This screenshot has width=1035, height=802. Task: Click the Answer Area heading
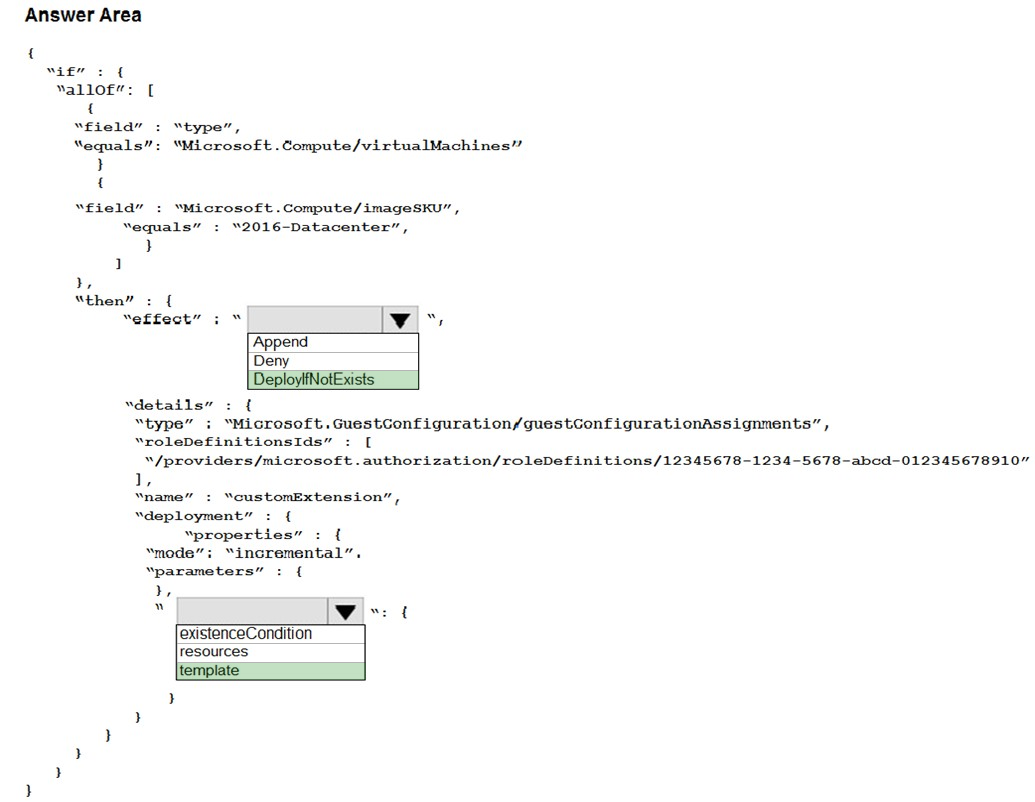coord(83,15)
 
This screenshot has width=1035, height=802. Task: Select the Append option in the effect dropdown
coord(281,342)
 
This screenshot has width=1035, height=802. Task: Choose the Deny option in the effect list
coord(271,360)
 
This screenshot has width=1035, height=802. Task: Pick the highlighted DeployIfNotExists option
coord(314,380)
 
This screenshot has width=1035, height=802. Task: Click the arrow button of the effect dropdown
coord(400,319)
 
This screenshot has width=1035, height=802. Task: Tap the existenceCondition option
coord(246,634)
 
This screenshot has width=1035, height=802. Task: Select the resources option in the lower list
coord(214,652)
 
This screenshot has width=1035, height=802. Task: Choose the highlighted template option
coord(209,671)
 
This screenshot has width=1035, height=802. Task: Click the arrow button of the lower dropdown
coord(345,611)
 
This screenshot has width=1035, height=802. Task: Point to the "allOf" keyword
coord(90,90)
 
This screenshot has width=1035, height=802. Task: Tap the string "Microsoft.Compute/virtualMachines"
coord(348,145)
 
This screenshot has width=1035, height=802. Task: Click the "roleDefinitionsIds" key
coord(234,442)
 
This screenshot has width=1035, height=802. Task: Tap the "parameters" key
coord(205,571)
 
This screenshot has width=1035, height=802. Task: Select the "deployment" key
coord(194,516)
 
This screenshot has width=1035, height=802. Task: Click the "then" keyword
coord(104,301)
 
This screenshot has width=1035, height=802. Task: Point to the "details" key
coord(169,405)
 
